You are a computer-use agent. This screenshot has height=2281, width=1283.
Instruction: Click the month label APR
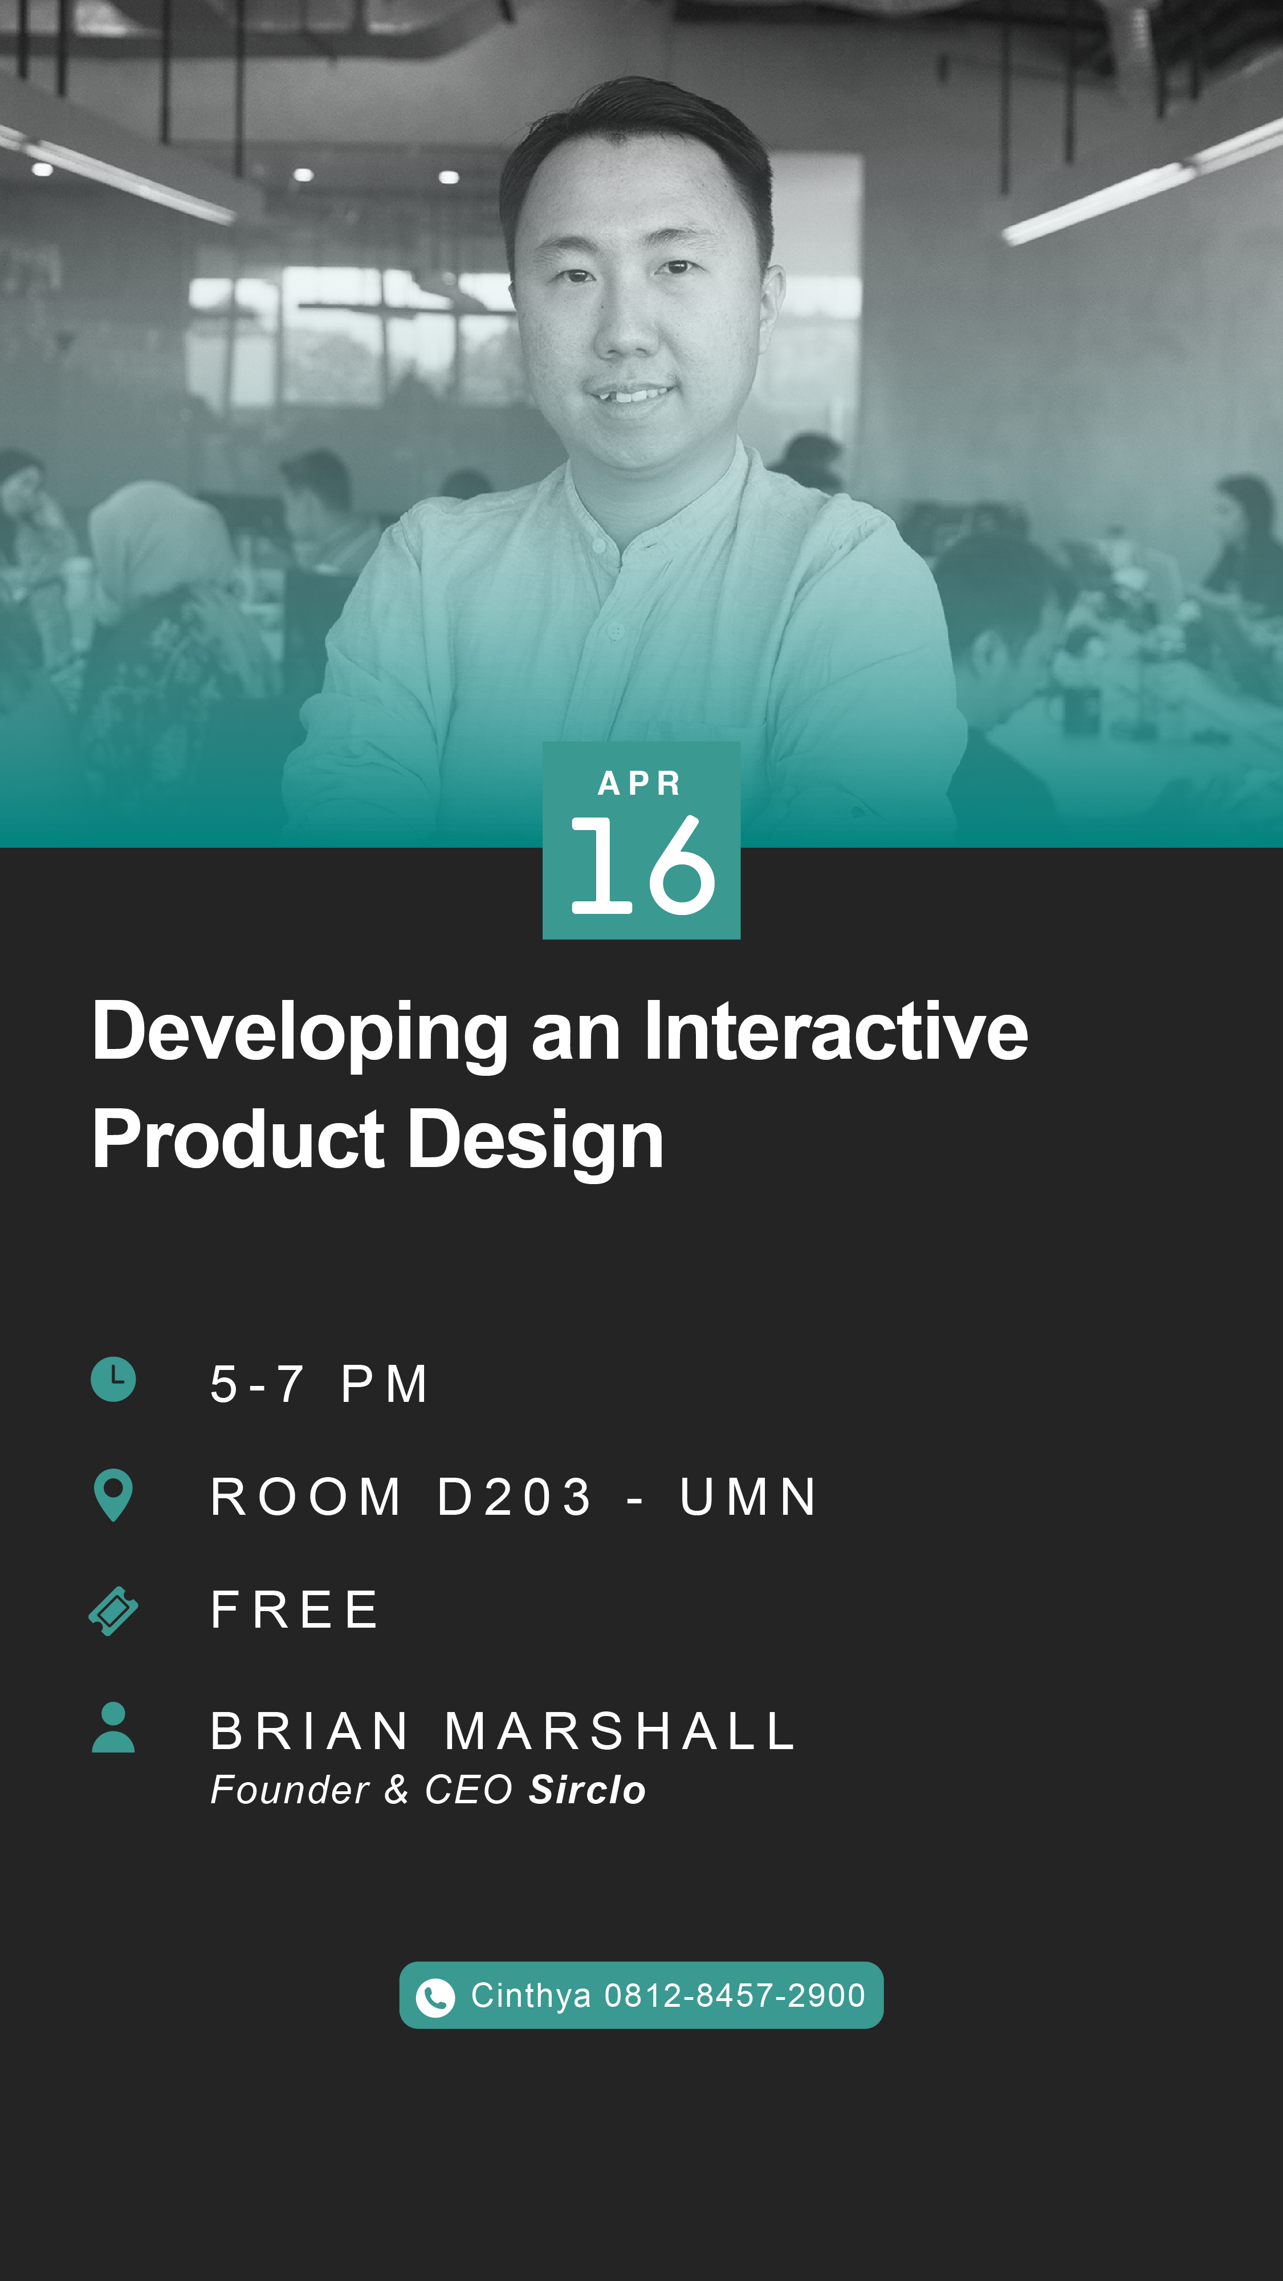coord(640,783)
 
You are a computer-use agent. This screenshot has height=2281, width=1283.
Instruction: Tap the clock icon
coord(113,1379)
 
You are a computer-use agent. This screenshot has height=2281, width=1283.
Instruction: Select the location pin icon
coord(113,1495)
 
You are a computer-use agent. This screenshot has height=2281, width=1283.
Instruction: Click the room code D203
coord(515,1497)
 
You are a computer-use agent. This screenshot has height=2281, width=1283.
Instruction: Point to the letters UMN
coord(748,1497)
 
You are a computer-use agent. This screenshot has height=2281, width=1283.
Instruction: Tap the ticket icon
coord(113,1611)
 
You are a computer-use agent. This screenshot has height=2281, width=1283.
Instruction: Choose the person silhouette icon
coord(113,1727)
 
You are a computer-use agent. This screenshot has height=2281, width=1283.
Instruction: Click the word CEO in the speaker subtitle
coord(469,1790)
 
